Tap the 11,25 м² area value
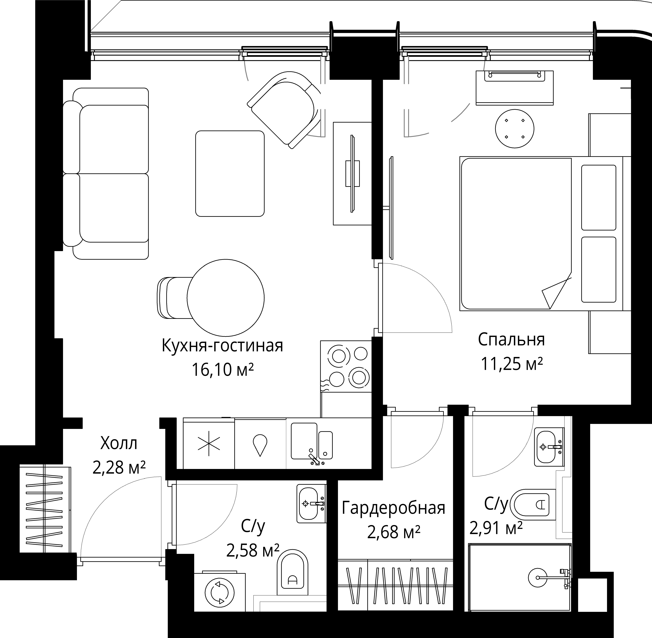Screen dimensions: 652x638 [512, 364]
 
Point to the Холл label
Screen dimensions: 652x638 [119, 444]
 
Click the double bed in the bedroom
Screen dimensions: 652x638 [545, 234]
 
